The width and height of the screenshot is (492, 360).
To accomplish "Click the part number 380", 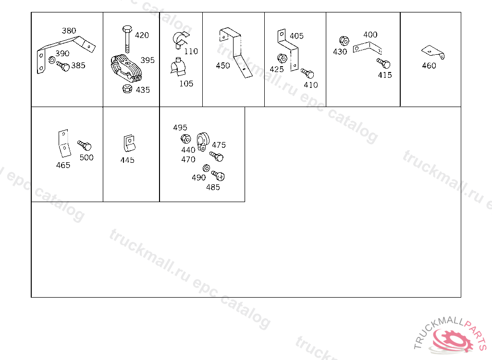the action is [69, 31].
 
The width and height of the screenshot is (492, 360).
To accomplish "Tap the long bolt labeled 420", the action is [127, 39].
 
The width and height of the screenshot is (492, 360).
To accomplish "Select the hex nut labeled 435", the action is [127, 89].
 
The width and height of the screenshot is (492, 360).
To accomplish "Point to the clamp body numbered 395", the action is [126, 68].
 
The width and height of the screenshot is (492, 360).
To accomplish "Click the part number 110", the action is [191, 51].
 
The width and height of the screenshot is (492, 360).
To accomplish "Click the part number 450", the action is [223, 66].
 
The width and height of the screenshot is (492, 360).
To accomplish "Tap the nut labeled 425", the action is [282, 58].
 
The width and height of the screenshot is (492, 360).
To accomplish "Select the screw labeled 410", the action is [307, 73].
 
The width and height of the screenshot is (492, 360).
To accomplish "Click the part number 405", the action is [296, 36].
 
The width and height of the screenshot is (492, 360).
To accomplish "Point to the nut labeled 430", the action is [344, 41].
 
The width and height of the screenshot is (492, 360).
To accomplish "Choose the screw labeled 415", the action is [383, 63].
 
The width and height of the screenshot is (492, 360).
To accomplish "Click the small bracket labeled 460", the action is [433, 52].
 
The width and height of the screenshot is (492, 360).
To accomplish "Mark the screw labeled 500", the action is [85, 145].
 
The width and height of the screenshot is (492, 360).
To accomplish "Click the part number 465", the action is [63, 165].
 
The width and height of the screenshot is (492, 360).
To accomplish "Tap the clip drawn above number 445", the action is [129, 143].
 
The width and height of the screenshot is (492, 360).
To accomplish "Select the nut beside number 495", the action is [186, 139].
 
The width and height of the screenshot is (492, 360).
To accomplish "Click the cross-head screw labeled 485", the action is [218, 176].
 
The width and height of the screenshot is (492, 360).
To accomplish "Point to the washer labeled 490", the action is [206, 168].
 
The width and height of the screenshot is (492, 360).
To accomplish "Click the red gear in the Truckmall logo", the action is [453, 340].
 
